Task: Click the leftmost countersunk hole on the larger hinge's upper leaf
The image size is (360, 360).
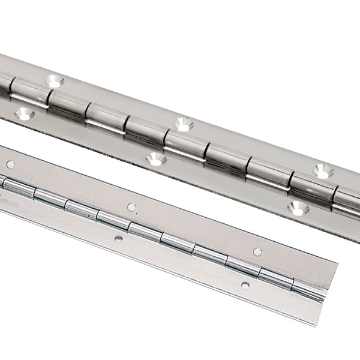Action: click(x=55, y=79)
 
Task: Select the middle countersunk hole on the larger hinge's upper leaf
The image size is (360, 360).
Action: click(x=183, y=124)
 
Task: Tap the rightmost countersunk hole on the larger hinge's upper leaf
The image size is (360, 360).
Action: click(x=323, y=171)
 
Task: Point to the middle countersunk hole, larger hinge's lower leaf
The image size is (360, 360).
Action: click(x=155, y=160)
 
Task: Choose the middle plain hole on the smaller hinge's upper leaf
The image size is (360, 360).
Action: click(x=131, y=207)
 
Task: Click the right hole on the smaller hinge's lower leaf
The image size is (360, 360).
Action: click(x=245, y=284)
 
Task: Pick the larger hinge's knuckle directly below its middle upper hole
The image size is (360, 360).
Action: click(x=183, y=145)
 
